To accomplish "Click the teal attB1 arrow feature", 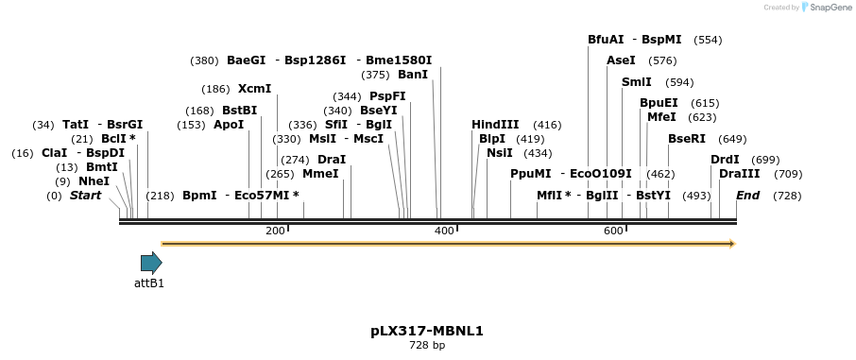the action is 151,263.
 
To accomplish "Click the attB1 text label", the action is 149,283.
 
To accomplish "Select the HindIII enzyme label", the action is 495,125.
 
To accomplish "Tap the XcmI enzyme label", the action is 254,89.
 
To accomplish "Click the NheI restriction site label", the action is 94,180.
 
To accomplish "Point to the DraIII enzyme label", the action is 739,174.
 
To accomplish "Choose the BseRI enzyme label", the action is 687,139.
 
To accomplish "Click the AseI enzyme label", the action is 621,60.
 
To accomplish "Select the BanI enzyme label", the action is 413,75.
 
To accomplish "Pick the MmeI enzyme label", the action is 320,174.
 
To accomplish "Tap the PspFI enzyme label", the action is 387,96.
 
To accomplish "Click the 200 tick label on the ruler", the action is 275,231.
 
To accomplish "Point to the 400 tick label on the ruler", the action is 442,231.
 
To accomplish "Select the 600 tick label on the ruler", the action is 612,231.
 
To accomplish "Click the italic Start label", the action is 85,196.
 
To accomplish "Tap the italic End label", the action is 747,196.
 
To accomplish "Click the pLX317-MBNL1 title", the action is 427,332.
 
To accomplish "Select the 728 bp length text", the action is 427,346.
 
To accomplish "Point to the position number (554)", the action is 708,40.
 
